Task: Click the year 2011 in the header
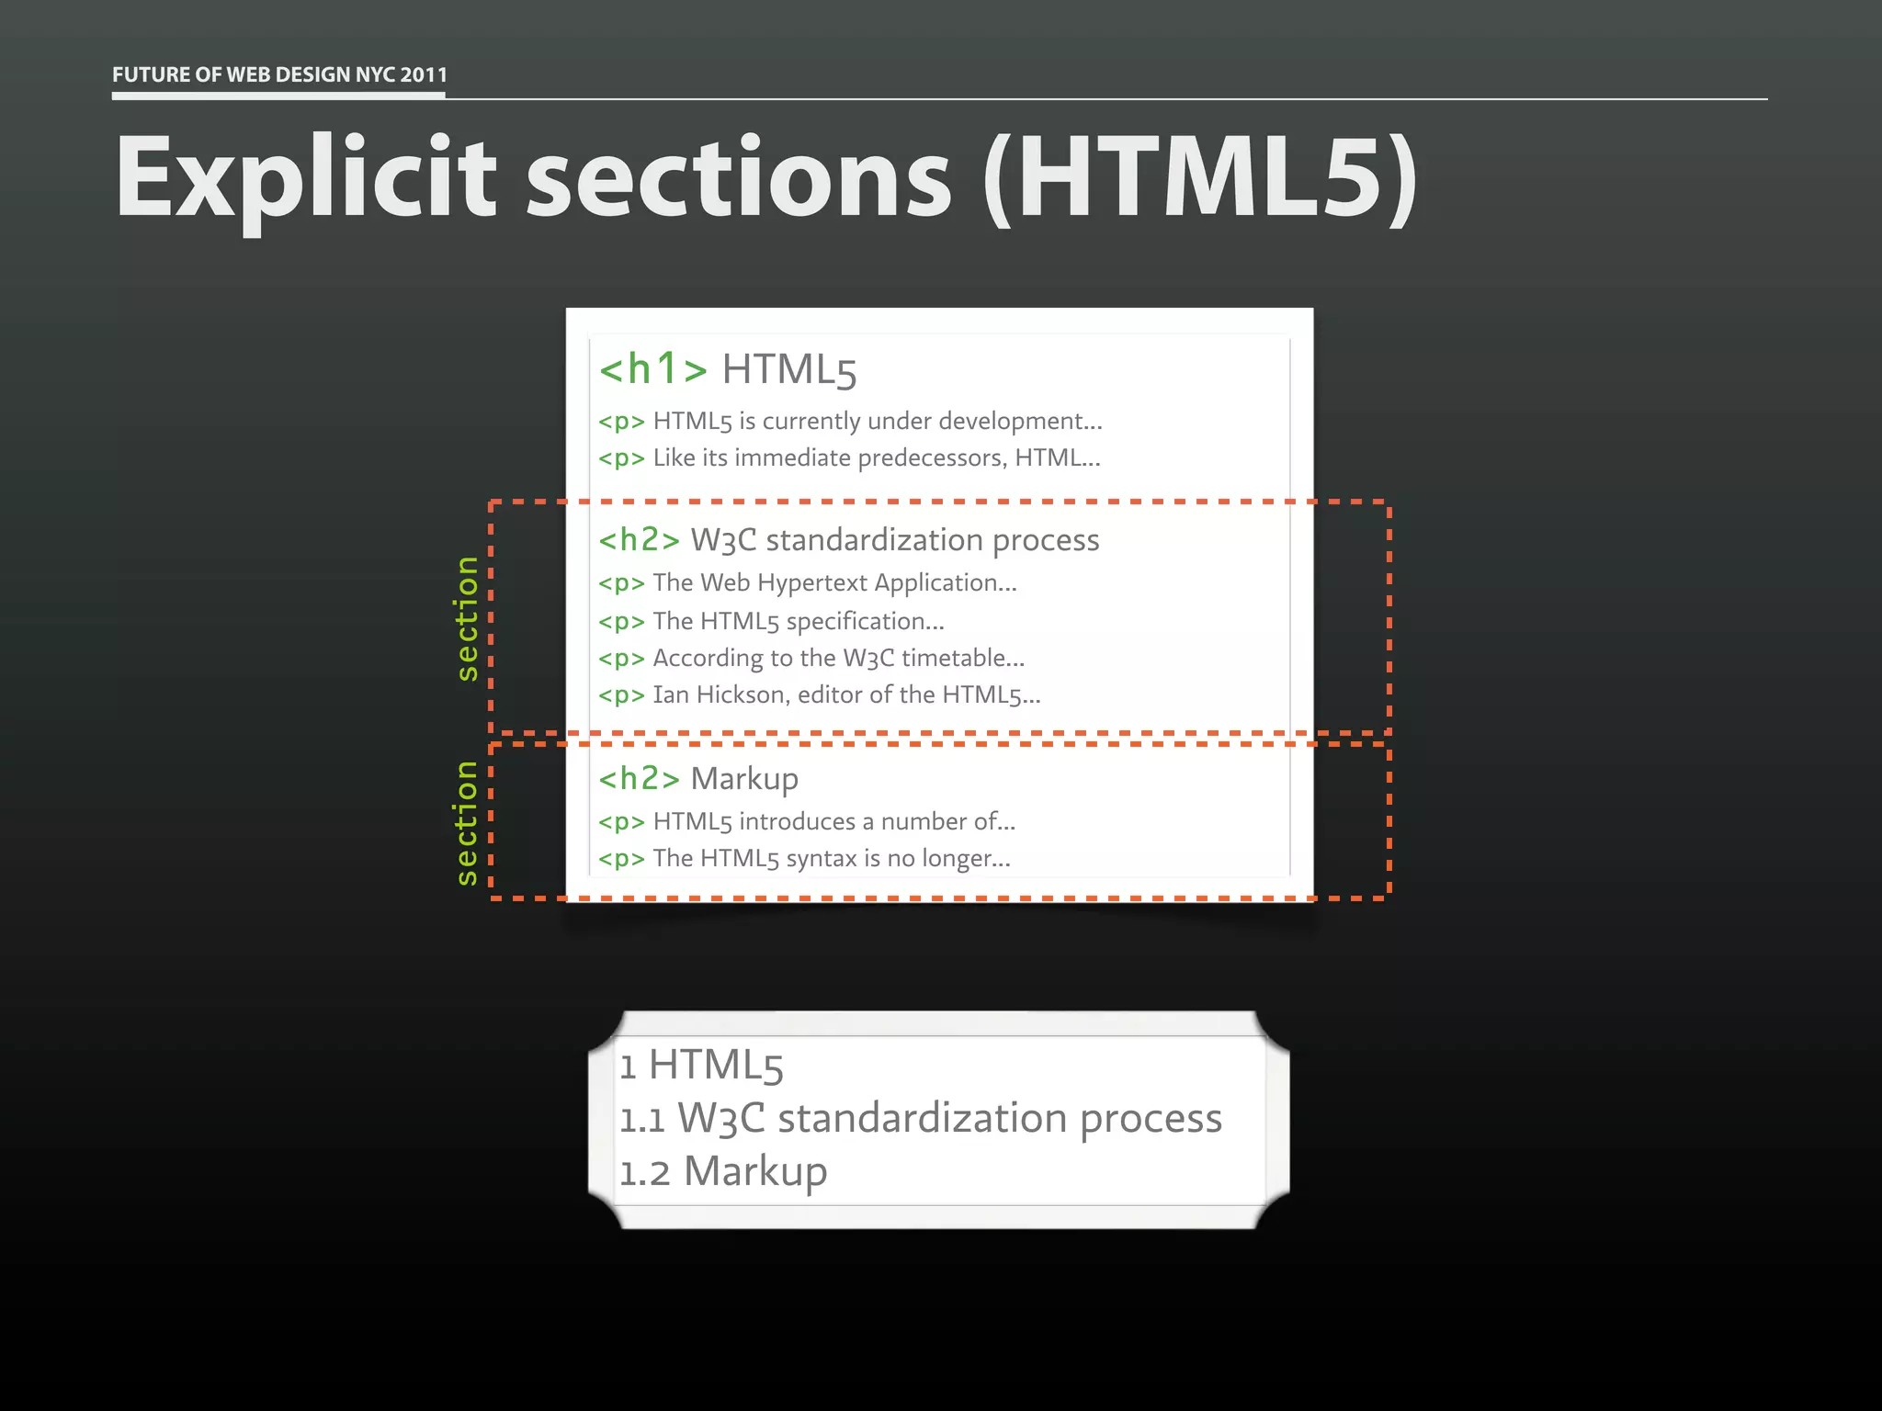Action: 424,74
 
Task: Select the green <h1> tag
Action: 652,369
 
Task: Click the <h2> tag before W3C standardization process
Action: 639,540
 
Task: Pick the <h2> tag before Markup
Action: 639,779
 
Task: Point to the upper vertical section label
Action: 467,618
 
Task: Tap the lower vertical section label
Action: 467,822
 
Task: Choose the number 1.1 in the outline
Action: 641,1121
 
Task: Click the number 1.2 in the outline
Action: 644,1174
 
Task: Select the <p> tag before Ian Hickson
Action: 621,695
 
